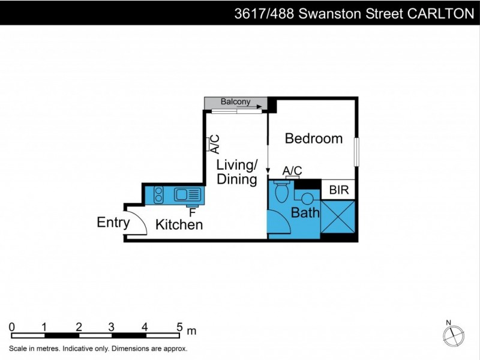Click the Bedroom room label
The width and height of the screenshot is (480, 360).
pyautogui.click(x=313, y=139)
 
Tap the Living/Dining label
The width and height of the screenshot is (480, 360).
pyautogui.click(x=237, y=172)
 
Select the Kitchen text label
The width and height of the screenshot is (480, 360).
pyautogui.click(x=179, y=225)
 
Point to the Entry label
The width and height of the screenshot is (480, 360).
pyautogui.click(x=113, y=223)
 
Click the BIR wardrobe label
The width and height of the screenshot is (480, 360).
pyautogui.click(x=338, y=191)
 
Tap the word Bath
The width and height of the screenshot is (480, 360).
pyautogui.click(x=305, y=212)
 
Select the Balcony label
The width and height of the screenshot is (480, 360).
pyautogui.click(x=235, y=102)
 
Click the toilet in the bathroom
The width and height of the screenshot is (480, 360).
pyautogui.click(x=280, y=192)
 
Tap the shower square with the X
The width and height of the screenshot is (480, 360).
pyautogui.click(x=338, y=217)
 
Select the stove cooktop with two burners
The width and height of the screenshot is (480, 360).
pyautogui.click(x=159, y=194)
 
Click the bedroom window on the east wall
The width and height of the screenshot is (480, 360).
pyautogui.click(x=356, y=152)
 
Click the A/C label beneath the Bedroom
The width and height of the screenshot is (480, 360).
pyautogui.click(x=292, y=171)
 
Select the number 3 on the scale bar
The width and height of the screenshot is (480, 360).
pyautogui.click(x=112, y=327)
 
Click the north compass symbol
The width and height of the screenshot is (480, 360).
pyautogui.click(x=455, y=334)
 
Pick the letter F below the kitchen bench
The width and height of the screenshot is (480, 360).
pyautogui.click(x=192, y=212)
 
